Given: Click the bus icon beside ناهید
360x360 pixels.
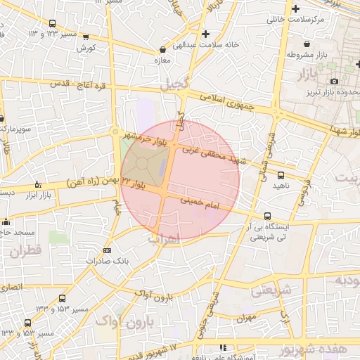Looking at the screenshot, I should tap(281, 174).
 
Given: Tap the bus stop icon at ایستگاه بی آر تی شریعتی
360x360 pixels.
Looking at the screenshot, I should tap(267, 217).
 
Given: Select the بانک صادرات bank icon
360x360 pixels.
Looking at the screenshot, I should tap(107, 250).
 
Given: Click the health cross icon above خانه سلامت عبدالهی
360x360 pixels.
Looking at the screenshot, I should tap(205, 34).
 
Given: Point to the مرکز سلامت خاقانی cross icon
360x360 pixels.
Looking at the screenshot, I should tap(295, 8).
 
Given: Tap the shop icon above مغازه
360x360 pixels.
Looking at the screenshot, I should tap(163, 50).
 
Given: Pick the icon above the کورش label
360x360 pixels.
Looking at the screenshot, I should tap(86, 37).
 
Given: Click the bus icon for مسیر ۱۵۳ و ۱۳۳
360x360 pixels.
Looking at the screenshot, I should tap(63, 298).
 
